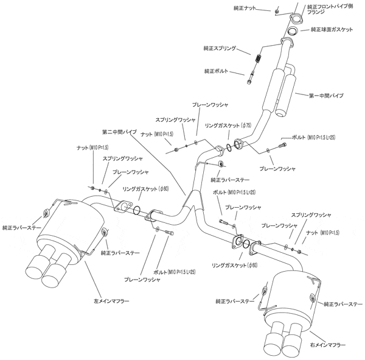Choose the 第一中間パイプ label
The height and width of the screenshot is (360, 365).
point(325,96)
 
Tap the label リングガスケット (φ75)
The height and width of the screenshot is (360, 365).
point(228,125)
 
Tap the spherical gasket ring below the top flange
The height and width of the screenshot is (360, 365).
point(293,30)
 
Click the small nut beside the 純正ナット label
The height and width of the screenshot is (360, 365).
point(277,11)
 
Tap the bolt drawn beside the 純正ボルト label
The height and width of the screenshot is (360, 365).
point(252,77)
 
